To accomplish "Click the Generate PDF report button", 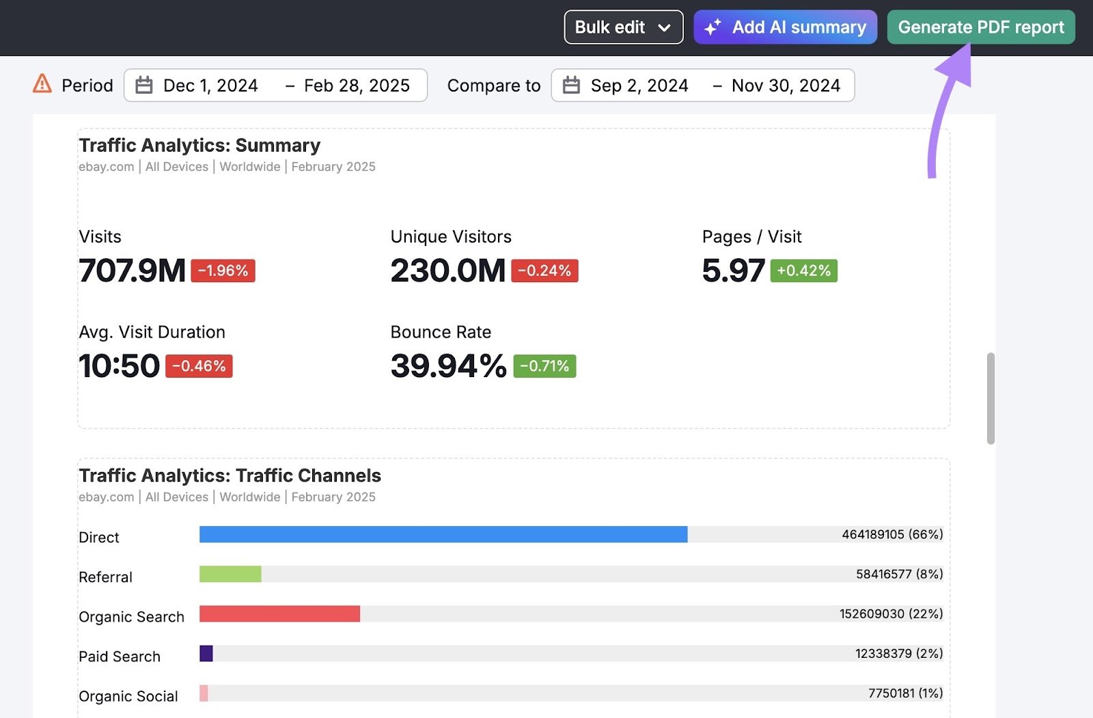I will (980, 27).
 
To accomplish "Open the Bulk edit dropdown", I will (623, 27).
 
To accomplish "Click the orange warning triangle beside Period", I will (42, 84).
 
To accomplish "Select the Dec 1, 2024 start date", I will (210, 85).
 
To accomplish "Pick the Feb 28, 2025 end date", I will (357, 85).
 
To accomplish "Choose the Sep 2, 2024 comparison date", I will (639, 85).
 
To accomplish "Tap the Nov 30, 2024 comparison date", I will (786, 85).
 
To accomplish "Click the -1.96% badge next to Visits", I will (223, 271).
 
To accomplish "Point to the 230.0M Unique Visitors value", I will (447, 271).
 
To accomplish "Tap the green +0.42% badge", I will (803, 271).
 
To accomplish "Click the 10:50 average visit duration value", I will (120, 366).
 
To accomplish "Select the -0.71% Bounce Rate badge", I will (544, 366).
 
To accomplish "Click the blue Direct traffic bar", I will (443, 534).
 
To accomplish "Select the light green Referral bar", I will (230, 574).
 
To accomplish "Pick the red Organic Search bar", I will (279, 613).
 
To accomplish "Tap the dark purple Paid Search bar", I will (206, 653).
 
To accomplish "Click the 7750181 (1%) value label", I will (905, 693).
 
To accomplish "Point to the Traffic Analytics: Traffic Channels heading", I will (230, 475).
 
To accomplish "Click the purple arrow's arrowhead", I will (957, 62).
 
